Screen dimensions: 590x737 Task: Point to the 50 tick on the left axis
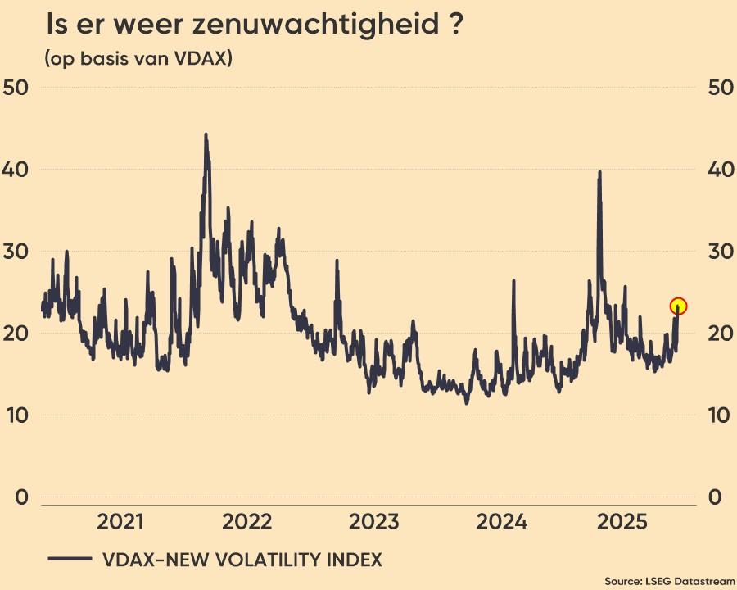coord(16,87)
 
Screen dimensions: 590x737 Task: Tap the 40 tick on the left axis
coord(16,169)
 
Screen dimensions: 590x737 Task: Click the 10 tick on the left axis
coord(16,415)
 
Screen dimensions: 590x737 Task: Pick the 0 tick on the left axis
coord(22,497)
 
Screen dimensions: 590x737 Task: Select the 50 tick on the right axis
coord(719,87)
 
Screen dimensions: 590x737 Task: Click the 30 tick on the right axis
coord(719,251)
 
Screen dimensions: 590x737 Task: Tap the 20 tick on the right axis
coord(719,333)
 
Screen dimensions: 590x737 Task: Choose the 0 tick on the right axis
coord(713,497)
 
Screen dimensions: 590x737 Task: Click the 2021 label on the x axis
coord(120,522)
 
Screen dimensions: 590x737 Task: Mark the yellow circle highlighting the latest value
coord(678,306)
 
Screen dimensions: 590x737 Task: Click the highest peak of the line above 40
coord(206,135)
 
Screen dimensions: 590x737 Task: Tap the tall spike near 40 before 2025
coord(600,173)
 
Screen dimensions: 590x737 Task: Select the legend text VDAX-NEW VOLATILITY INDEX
coord(242,560)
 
